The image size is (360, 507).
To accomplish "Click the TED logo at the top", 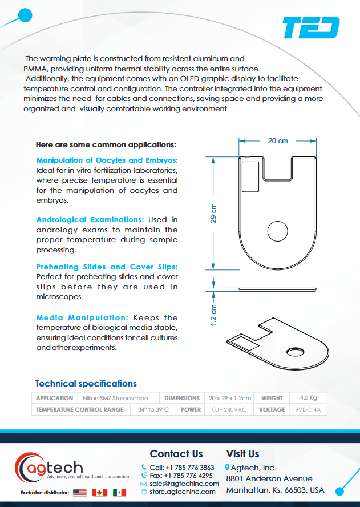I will [312, 27].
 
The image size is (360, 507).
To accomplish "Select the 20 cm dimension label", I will [278, 140].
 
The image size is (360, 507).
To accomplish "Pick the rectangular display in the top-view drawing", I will [250, 176].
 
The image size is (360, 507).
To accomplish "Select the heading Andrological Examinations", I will [90, 219].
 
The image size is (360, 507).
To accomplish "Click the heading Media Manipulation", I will [82, 317].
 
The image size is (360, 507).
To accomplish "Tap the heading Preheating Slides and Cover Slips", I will [107, 267].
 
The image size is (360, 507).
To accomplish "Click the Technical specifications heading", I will [86, 384].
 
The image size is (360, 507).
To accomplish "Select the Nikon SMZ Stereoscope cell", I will [116, 398].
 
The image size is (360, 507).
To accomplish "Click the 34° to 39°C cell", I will [153, 409].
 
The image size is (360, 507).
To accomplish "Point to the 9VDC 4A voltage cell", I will [309, 409].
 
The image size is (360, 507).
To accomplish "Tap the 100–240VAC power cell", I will [228, 409].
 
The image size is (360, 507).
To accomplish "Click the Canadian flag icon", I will [99, 492].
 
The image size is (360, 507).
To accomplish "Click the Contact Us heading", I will [176, 454].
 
